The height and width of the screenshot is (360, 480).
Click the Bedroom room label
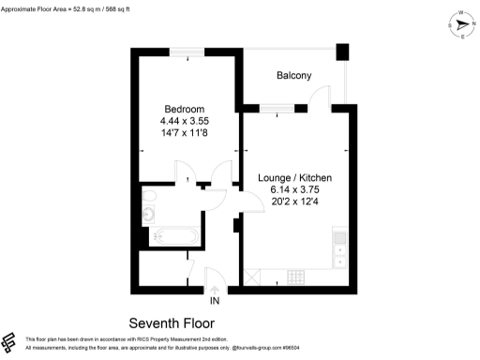(184, 109)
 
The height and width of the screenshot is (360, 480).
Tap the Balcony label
(293, 75)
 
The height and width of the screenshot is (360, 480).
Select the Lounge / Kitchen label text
(294, 177)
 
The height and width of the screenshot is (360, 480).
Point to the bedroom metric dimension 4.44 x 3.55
(184, 121)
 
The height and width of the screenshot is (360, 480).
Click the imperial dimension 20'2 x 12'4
(294, 200)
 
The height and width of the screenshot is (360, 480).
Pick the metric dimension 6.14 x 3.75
(294, 188)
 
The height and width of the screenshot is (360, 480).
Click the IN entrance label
(215, 301)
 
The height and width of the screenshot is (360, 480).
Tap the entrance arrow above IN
(215, 290)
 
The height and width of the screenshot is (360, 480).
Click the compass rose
(462, 26)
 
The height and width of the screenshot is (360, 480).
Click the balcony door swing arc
(321, 96)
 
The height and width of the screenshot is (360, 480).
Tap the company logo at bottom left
(10, 342)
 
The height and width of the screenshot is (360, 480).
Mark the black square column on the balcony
(342, 52)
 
